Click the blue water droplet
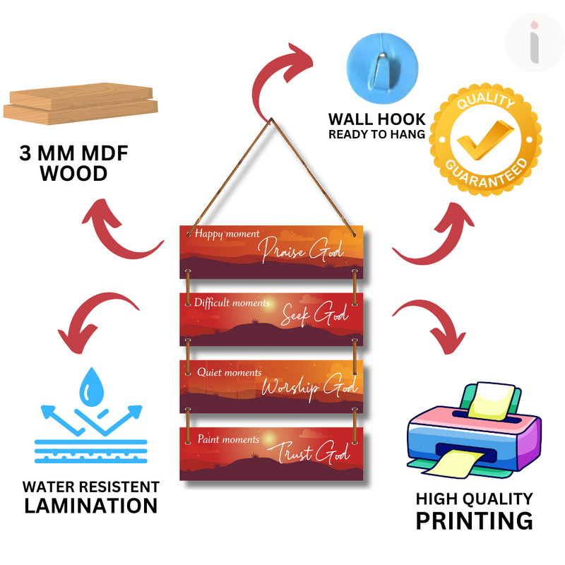tap(91, 386)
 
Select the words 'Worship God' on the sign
tap(309, 386)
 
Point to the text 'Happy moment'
tap(227, 234)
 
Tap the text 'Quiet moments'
tap(229, 372)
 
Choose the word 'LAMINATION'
tap(90, 505)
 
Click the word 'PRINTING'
tap(474, 521)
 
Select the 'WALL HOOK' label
tap(377, 119)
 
